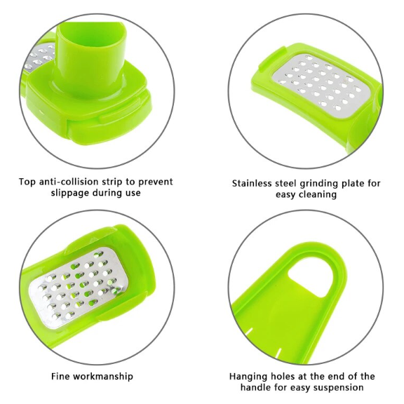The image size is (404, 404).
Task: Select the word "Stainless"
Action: coord(252,184)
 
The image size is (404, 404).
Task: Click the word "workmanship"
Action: coord(103,377)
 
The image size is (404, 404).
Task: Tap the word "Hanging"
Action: coord(248,377)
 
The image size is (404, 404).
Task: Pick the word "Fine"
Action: coord(60,377)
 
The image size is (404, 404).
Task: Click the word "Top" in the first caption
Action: coord(27,182)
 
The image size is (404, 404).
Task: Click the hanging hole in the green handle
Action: coord(310,279)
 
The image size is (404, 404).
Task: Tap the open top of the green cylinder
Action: coord(92,32)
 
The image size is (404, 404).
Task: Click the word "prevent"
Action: coord(155,182)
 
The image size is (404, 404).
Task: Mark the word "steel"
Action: coord(285,184)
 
